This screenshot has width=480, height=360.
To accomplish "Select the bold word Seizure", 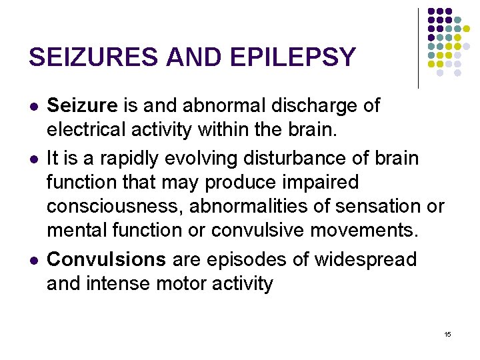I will tap(82, 105).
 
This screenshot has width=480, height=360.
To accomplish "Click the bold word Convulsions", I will tap(106, 259).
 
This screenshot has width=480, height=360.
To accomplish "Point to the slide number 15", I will tap(447, 334).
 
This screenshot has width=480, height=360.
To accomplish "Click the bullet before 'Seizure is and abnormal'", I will tap(34, 106).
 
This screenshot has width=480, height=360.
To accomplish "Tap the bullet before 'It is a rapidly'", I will tap(34, 160).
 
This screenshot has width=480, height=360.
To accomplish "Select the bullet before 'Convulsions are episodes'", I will tap(34, 260).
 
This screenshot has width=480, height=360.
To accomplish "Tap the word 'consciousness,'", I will tap(115, 206).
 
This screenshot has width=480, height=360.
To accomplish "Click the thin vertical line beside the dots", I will tap(418, 48).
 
